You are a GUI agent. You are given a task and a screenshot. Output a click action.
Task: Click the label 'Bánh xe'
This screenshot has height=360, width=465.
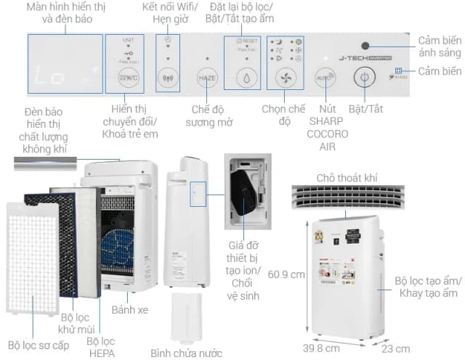click(129, 310)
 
